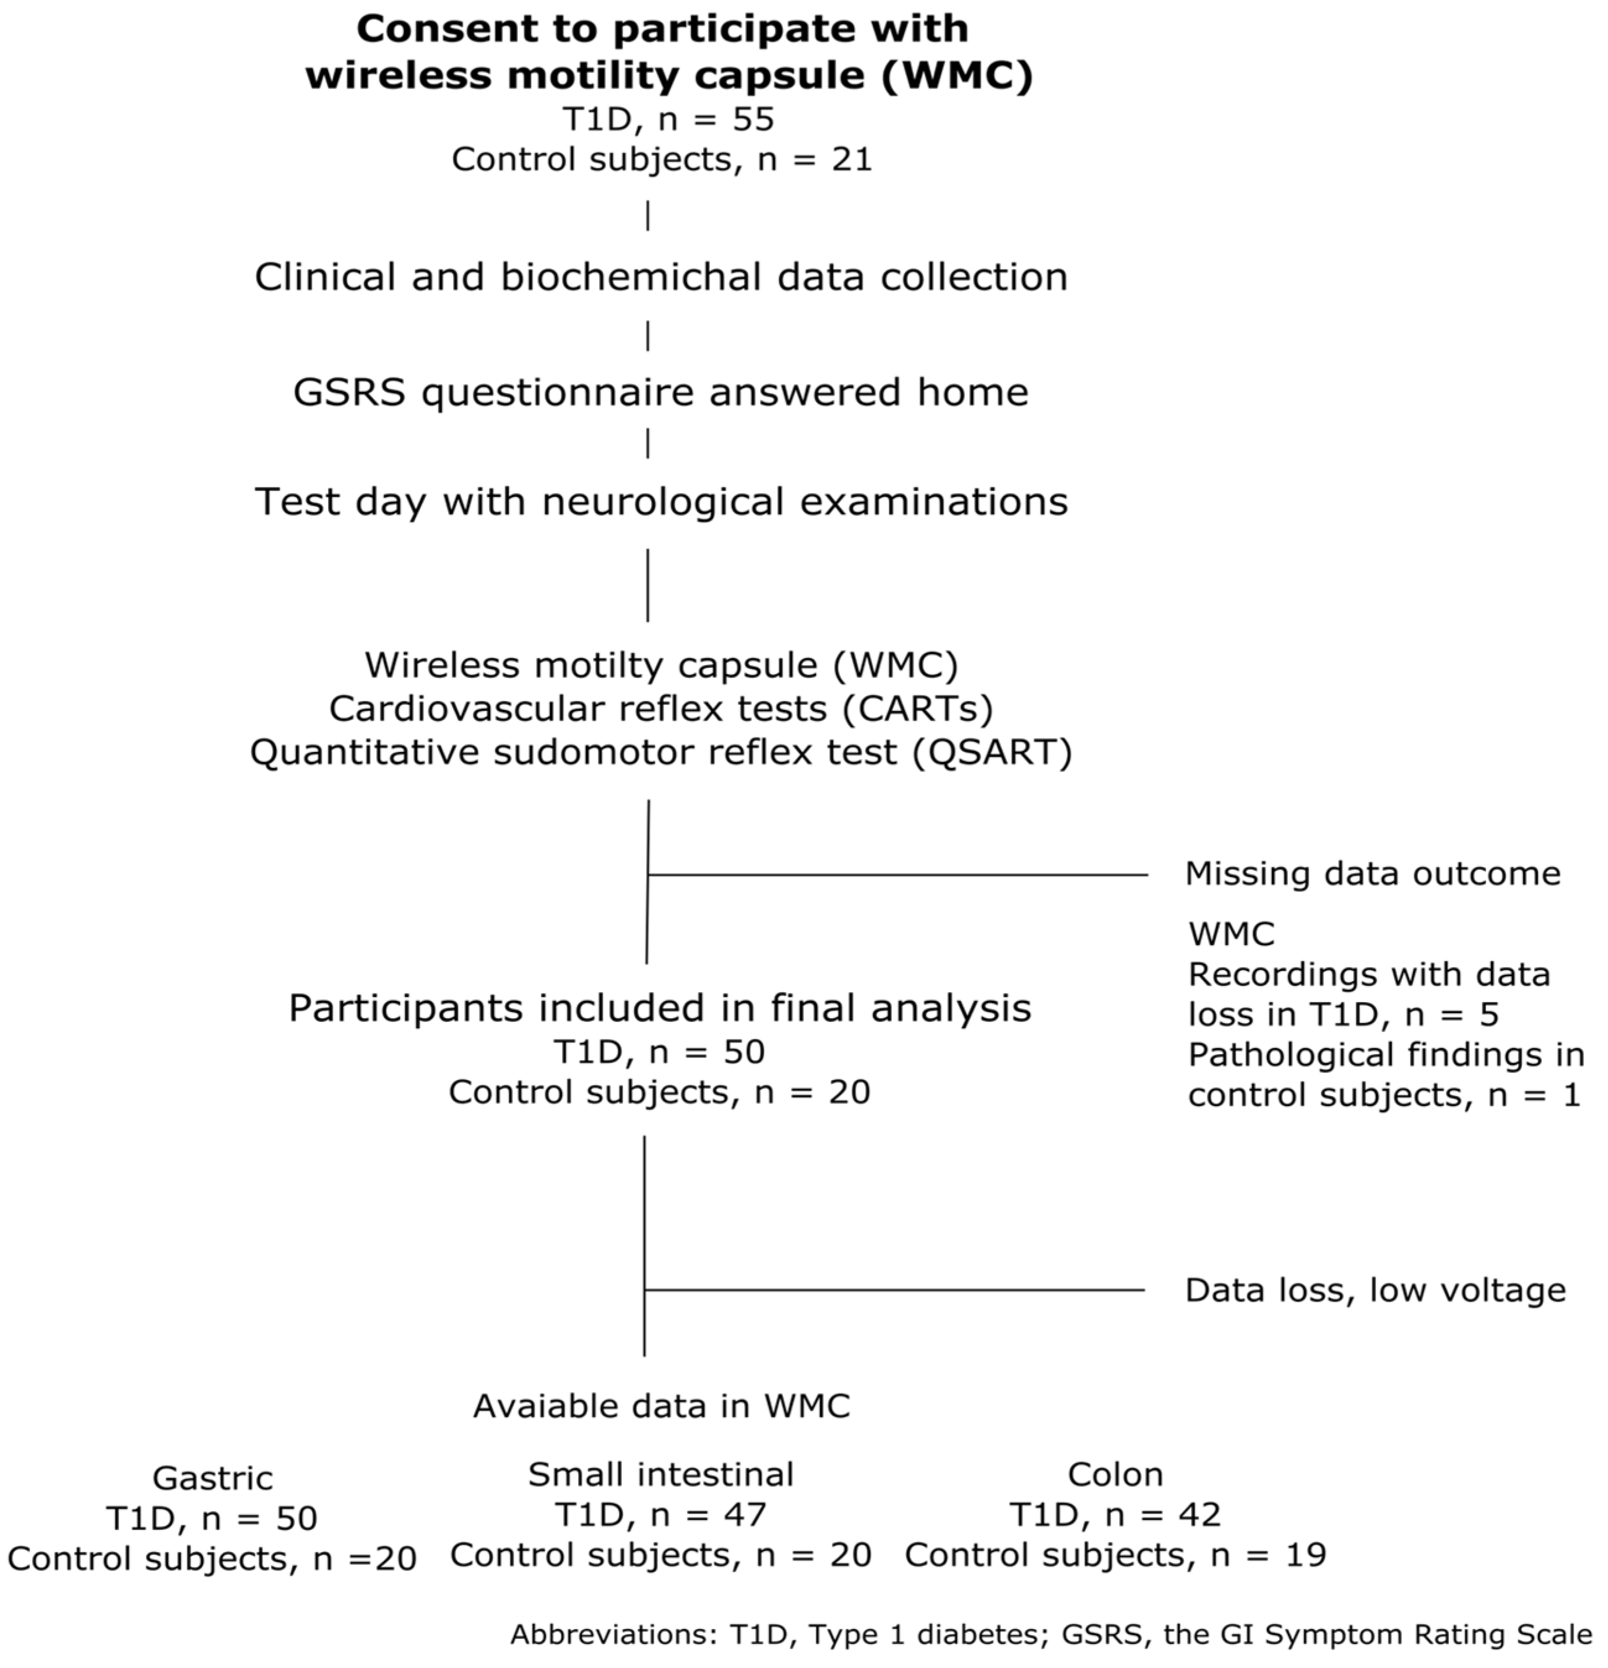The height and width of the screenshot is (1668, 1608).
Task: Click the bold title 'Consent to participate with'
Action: click(x=662, y=29)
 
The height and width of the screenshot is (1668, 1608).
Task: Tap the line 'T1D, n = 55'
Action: click(x=668, y=118)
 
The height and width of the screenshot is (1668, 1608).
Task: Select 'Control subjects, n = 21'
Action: click(x=662, y=159)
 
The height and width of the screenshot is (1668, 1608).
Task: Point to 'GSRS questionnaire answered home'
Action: click(x=660, y=392)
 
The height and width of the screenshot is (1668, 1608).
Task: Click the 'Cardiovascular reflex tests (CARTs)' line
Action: click(x=660, y=708)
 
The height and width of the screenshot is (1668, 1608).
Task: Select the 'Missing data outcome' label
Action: click(x=1372, y=873)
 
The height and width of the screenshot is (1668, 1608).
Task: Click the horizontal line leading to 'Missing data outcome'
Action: click(x=897, y=874)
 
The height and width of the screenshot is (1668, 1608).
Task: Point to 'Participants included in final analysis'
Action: click(x=660, y=1008)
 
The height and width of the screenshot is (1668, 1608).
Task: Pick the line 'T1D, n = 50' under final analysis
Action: click(x=660, y=1052)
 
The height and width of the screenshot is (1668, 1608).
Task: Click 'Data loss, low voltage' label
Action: click(x=1375, y=1290)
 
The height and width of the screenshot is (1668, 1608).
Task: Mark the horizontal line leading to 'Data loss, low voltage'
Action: click(x=894, y=1290)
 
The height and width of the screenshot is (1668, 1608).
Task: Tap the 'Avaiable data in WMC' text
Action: click(x=662, y=1406)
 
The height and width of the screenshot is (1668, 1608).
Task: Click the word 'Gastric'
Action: click(x=213, y=1478)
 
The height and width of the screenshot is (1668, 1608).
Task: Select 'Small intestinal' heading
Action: click(x=660, y=1474)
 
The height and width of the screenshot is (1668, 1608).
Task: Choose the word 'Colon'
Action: click(x=1115, y=1474)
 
